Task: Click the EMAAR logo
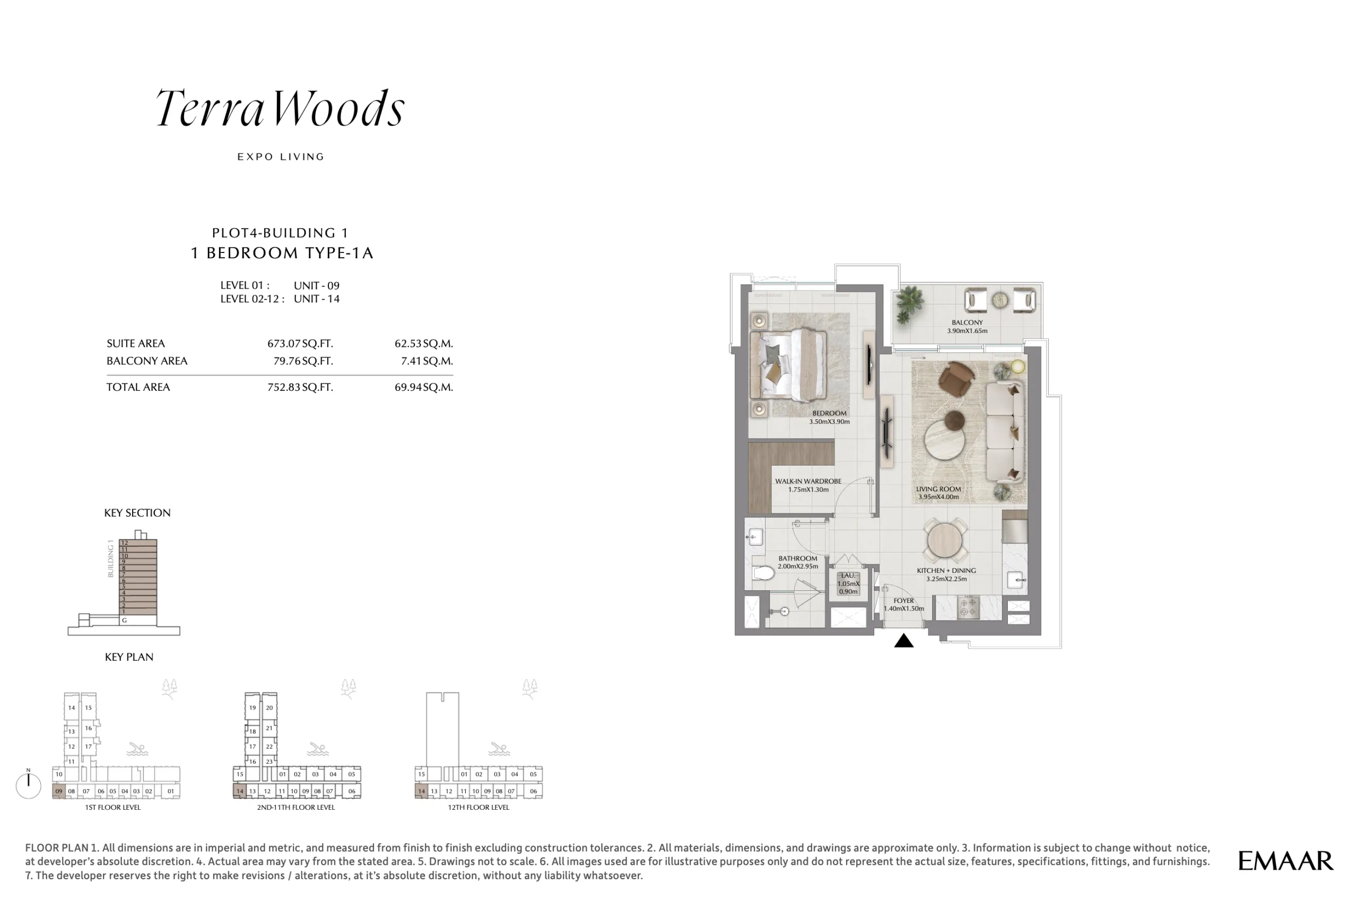[1285, 861]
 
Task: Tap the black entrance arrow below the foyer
[903, 640]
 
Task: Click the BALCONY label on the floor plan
[967, 322]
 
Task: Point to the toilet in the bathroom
[763, 572]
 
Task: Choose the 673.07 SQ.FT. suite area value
[300, 344]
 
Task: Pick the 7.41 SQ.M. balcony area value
[427, 361]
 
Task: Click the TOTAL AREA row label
[138, 387]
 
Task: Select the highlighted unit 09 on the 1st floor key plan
[59, 791]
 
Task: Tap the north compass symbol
[28, 784]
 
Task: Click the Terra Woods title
[281, 108]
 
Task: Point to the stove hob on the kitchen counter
[968, 608]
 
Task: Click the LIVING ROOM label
[938, 489]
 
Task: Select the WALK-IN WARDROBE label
[808, 482]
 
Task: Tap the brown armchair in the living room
[956, 377]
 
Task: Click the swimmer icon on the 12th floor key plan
[498, 749]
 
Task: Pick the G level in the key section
[124, 620]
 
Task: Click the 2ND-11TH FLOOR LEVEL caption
[295, 807]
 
